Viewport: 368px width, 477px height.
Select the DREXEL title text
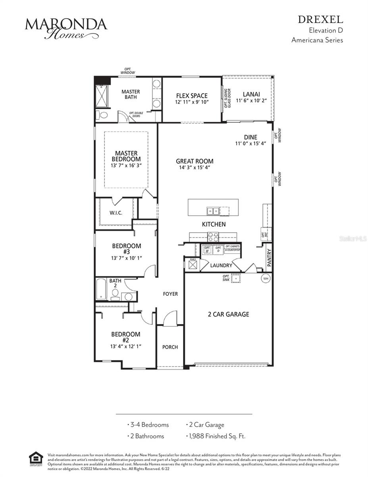(x=320, y=19)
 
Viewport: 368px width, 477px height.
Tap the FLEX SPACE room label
(x=192, y=96)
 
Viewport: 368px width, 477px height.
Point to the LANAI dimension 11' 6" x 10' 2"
(x=251, y=101)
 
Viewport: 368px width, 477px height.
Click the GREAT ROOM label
(x=195, y=161)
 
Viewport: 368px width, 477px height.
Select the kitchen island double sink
(x=212, y=210)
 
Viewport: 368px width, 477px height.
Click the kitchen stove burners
(x=213, y=237)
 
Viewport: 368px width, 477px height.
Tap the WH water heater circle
(x=266, y=278)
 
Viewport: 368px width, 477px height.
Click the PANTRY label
(x=269, y=257)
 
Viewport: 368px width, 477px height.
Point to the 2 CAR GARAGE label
(x=228, y=314)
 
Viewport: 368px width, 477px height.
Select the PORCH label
(x=170, y=347)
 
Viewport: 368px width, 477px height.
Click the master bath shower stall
(x=102, y=97)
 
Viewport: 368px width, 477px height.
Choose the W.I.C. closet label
(x=116, y=213)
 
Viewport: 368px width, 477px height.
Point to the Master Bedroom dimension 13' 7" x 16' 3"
(x=126, y=165)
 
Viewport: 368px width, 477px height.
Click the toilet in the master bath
(x=103, y=115)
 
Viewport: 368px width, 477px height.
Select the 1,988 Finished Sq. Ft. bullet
(x=216, y=436)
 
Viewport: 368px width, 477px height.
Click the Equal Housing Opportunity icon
(x=36, y=459)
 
